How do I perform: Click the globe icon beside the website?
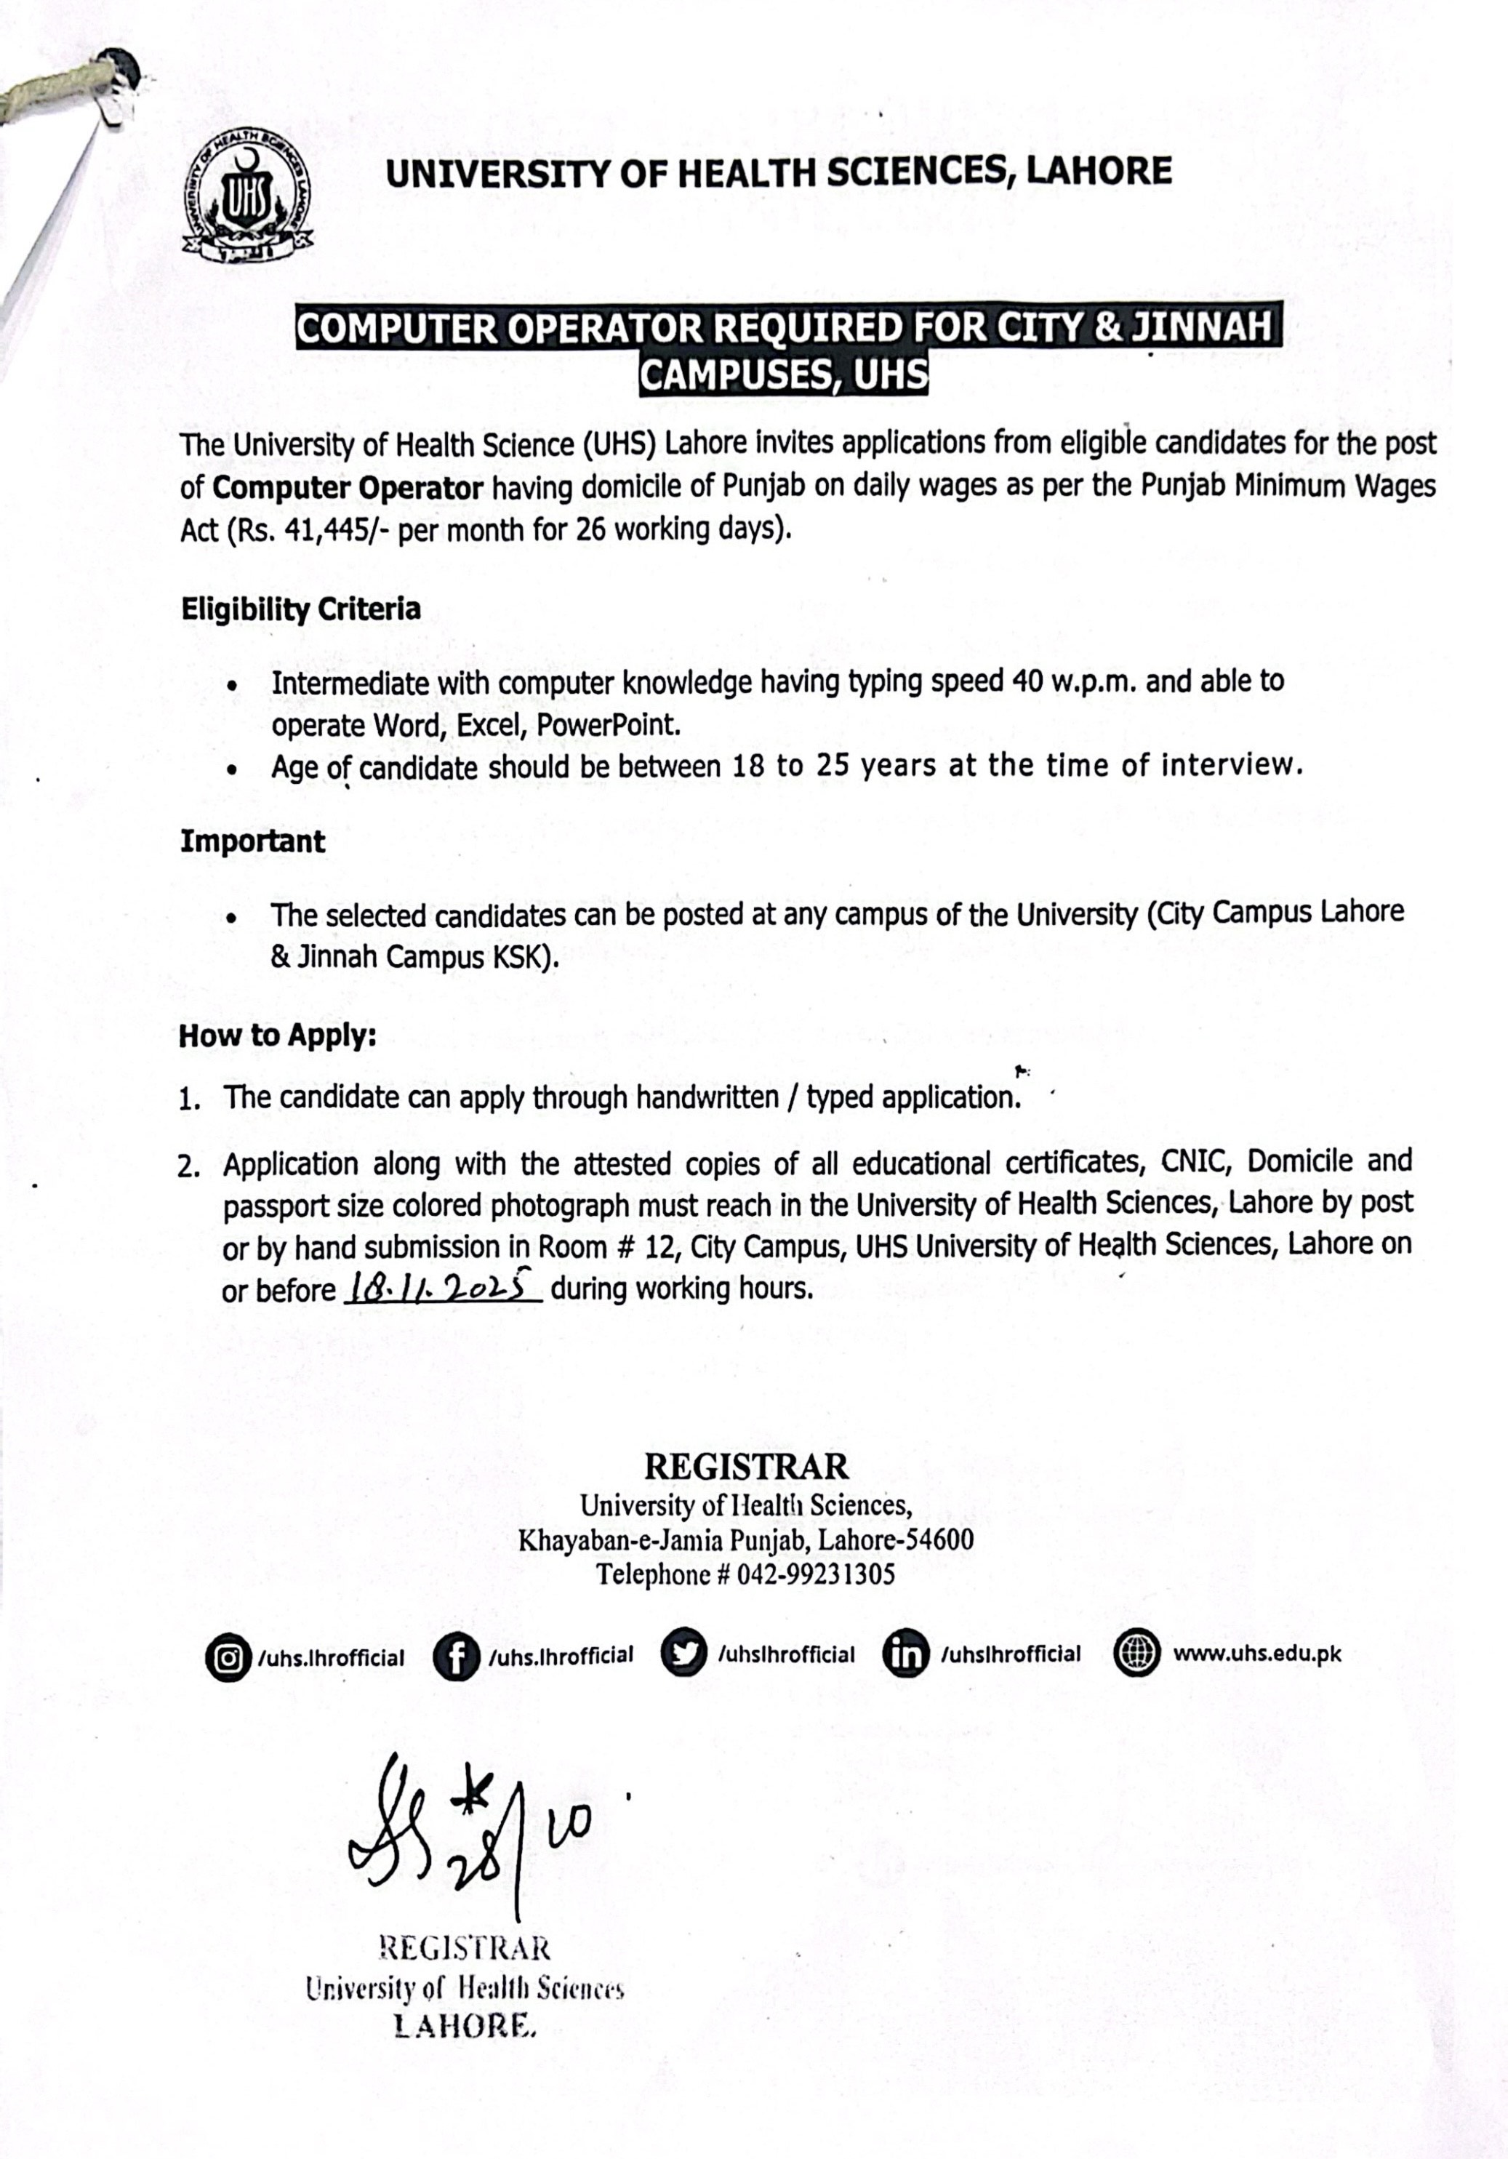[1136, 1653]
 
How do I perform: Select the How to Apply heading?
[277, 1036]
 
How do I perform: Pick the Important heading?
[252, 841]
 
